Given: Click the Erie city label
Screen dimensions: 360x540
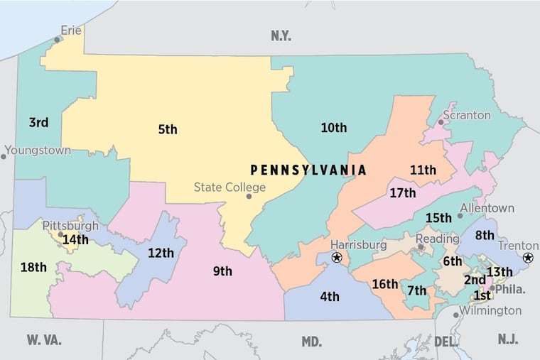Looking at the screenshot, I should (x=71, y=30).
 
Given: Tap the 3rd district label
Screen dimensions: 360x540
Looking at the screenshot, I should (x=38, y=123).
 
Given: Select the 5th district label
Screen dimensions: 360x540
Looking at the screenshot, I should (x=168, y=129).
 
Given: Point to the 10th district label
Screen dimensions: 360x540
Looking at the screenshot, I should (x=333, y=128).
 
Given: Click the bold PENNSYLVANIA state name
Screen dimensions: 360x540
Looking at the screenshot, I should (x=308, y=170).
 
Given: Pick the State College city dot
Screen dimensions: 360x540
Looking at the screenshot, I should (x=249, y=196).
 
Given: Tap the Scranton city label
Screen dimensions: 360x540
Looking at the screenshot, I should (x=467, y=114).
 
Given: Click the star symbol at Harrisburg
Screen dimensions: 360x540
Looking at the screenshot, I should (x=337, y=257).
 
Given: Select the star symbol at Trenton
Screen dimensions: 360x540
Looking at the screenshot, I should (x=528, y=258).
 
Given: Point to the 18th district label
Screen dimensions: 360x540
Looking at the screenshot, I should (x=33, y=267).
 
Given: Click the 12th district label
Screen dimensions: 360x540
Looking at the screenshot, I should (x=161, y=253).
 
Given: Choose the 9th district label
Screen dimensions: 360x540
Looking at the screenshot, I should (x=222, y=271).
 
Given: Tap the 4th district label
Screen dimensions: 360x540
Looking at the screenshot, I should (x=329, y=297).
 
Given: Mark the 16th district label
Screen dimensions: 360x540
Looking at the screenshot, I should (x=384, y=284).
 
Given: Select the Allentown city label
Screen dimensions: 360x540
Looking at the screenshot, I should (x=487, y=209).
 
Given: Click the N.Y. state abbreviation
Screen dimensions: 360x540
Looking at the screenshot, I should (x=281, y=36).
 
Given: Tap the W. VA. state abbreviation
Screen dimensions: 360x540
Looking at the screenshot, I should (x=44, y=340).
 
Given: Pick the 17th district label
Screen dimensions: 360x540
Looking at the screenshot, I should (x=402, y=192).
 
